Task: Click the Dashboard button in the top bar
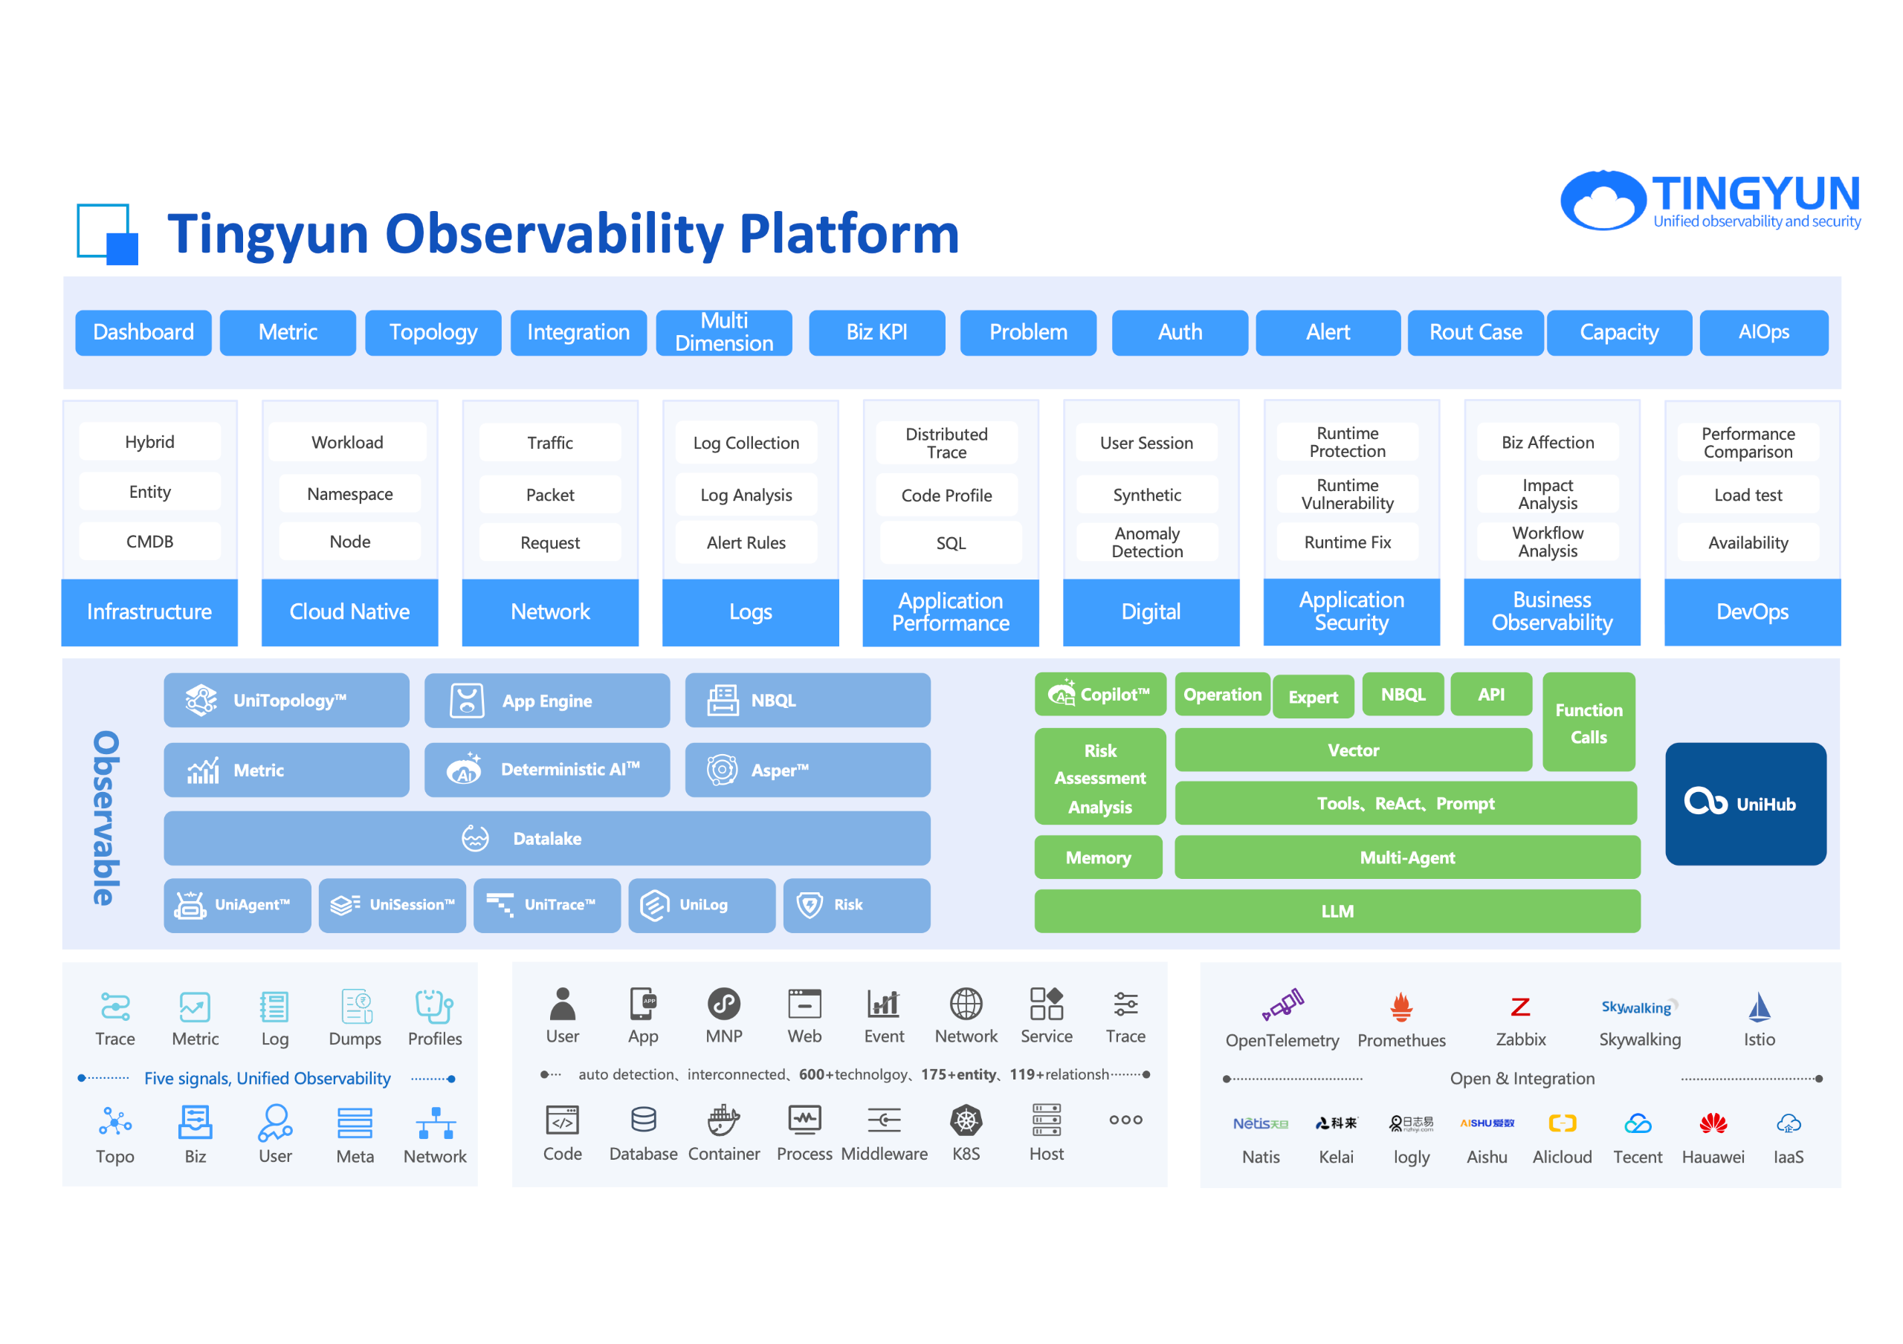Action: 143,332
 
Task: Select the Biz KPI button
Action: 876,332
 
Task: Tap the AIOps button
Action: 1763,332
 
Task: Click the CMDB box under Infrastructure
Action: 150,542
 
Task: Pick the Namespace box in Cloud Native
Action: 350,494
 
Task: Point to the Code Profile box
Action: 946,496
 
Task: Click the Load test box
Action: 1747,496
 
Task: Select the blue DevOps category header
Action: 1751,612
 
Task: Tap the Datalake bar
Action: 547,839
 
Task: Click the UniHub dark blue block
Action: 1745,804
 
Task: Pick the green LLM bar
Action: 1336,912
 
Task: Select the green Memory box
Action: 1097,857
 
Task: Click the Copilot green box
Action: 1100,695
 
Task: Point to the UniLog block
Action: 701,905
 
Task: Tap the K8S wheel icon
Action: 966,1121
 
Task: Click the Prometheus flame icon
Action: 1400,1007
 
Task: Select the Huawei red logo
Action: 1713,1123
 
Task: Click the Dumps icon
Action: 355,1007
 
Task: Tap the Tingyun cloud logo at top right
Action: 1602,200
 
